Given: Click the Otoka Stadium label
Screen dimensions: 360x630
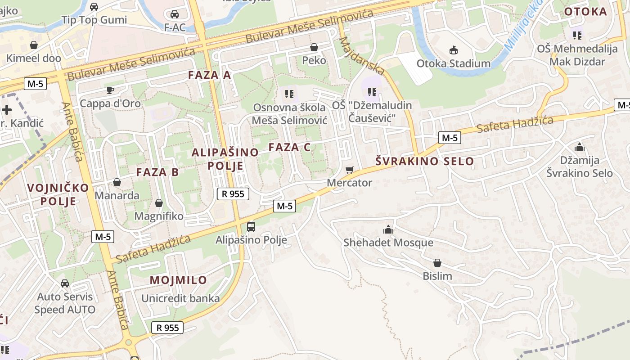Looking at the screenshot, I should (453, 63).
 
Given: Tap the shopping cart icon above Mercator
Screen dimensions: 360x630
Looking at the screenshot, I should (350, 170).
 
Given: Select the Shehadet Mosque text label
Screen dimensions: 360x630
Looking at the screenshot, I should (388, 243).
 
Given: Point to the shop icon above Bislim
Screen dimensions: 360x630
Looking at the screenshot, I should (437, 263).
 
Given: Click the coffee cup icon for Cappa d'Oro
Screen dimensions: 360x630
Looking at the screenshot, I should (110, 90).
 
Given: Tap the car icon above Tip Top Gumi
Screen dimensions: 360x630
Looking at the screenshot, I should (94, 7).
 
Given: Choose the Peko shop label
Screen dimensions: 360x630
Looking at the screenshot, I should (314, 60).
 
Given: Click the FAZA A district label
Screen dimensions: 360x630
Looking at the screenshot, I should (209, 75).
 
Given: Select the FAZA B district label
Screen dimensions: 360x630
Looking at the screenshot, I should (157, 172).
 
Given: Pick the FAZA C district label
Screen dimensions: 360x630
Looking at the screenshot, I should (290, 147).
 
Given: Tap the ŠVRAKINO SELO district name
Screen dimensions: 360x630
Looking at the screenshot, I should (425, 161).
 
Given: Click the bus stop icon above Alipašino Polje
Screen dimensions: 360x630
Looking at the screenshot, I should (251, 226).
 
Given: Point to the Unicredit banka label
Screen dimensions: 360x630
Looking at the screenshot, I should (180, 298).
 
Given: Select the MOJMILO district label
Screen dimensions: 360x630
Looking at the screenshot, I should (178, 280).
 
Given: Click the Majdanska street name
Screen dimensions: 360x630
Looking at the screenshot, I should (362, 56).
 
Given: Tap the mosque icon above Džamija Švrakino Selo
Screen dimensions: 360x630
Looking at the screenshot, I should (579, 147).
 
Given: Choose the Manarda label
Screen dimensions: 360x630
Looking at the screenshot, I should (117, 196).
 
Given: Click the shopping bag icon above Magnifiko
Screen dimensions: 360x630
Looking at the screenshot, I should (158, 203).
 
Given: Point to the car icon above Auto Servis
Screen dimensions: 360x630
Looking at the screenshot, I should (65, 283).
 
